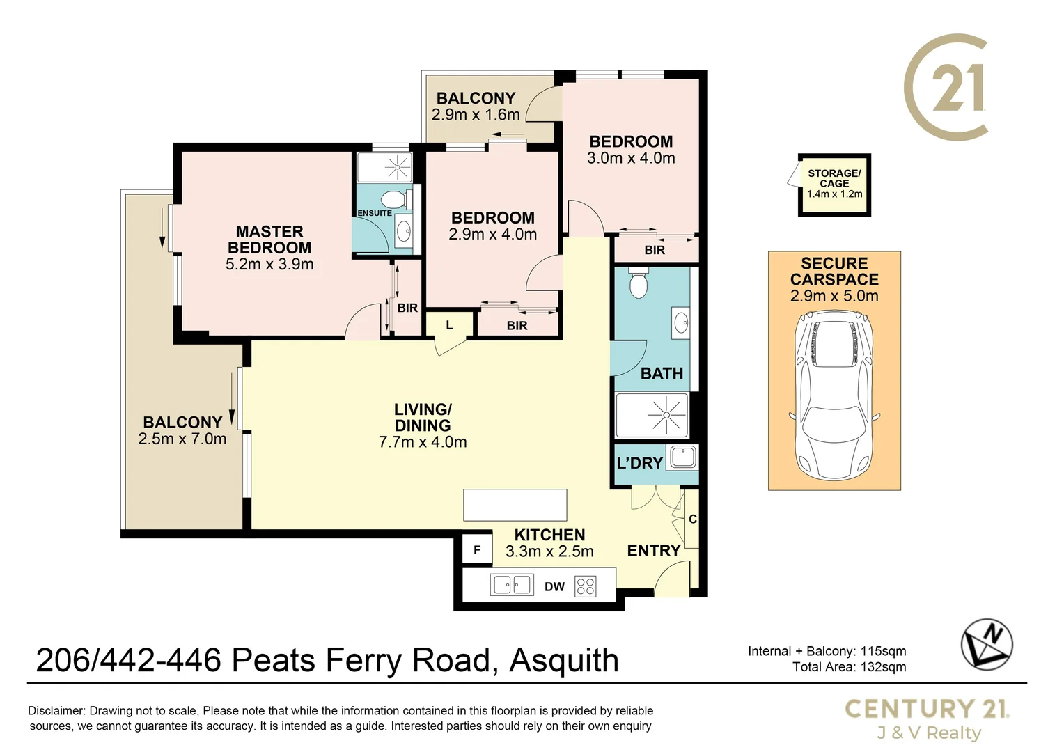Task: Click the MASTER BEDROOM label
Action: pos(269,240)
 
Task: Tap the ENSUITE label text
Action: pos(374,213)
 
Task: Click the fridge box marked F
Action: pos(477,550)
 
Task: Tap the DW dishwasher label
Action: pos(554,587)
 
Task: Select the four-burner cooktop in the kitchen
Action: pos(586,586)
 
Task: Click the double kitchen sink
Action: pos(512,585)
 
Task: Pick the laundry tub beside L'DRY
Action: pos(682,457)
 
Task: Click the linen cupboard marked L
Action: pos(449,325)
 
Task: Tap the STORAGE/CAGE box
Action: pos(834,185)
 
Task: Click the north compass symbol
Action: pos(987,644)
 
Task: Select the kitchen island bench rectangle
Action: pos(515,505)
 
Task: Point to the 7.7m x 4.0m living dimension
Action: pos(423,442)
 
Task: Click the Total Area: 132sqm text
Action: pos(849,667)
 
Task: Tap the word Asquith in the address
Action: pos(564,660)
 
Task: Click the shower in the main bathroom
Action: pos(652,415)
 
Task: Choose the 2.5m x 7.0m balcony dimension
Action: pos(182,439)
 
